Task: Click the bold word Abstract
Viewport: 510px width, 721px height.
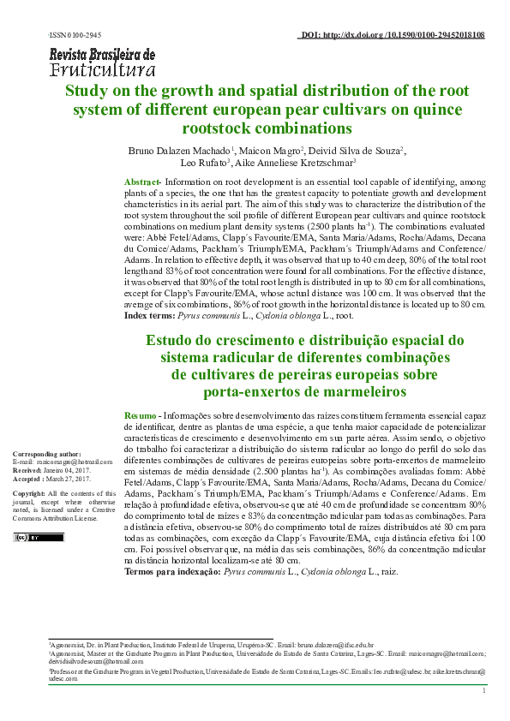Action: (142, 183)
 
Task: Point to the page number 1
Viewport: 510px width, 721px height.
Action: (485, 690)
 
